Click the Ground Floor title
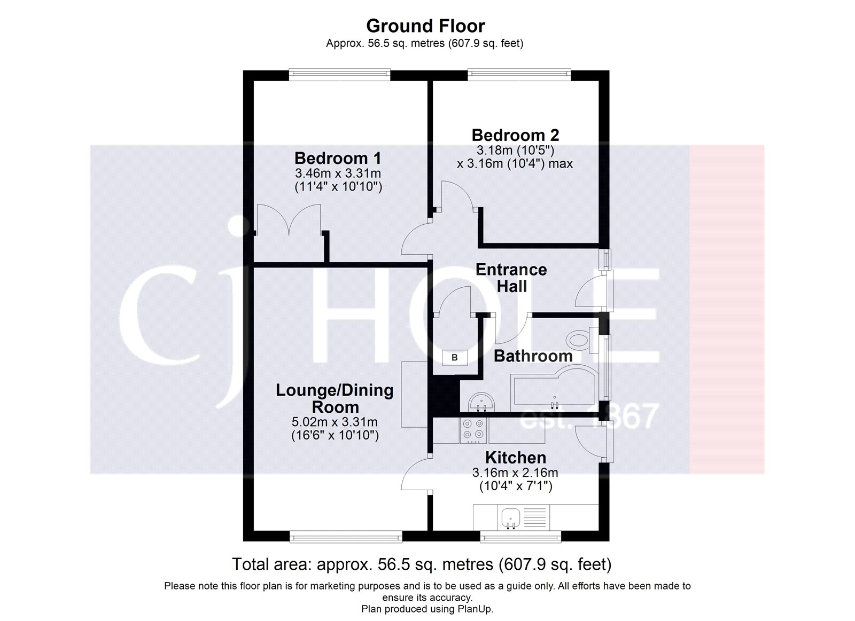point(425,26)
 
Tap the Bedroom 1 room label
point(338,158)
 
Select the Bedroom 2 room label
point(515,135)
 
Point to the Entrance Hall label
point(511,278)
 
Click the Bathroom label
point(533,356)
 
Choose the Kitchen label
point(515,458)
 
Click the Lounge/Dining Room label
point(335,398)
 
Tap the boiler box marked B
point(455,358)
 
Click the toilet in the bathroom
point(581,339)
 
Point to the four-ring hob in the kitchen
point(473,430)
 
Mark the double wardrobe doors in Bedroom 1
point(289,220)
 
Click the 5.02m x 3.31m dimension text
point(335,422)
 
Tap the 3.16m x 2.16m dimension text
point(515,473)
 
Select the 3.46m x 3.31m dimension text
point(338,173)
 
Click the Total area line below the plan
point(421,564)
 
